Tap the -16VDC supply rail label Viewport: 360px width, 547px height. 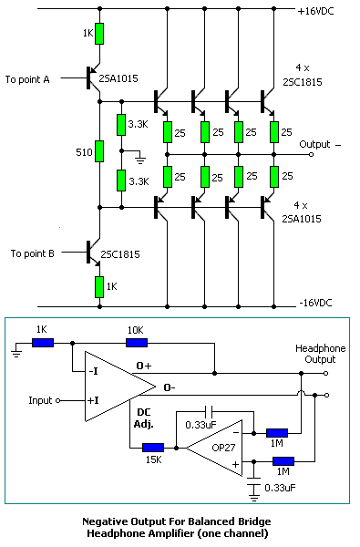(318, 303)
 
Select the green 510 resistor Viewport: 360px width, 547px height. (98, 151)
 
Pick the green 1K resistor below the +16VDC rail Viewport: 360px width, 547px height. (98, 35)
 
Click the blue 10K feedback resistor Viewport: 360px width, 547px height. (137, 343)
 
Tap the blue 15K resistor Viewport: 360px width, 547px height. (152, 448)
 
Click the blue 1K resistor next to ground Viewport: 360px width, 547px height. (42, 343)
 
